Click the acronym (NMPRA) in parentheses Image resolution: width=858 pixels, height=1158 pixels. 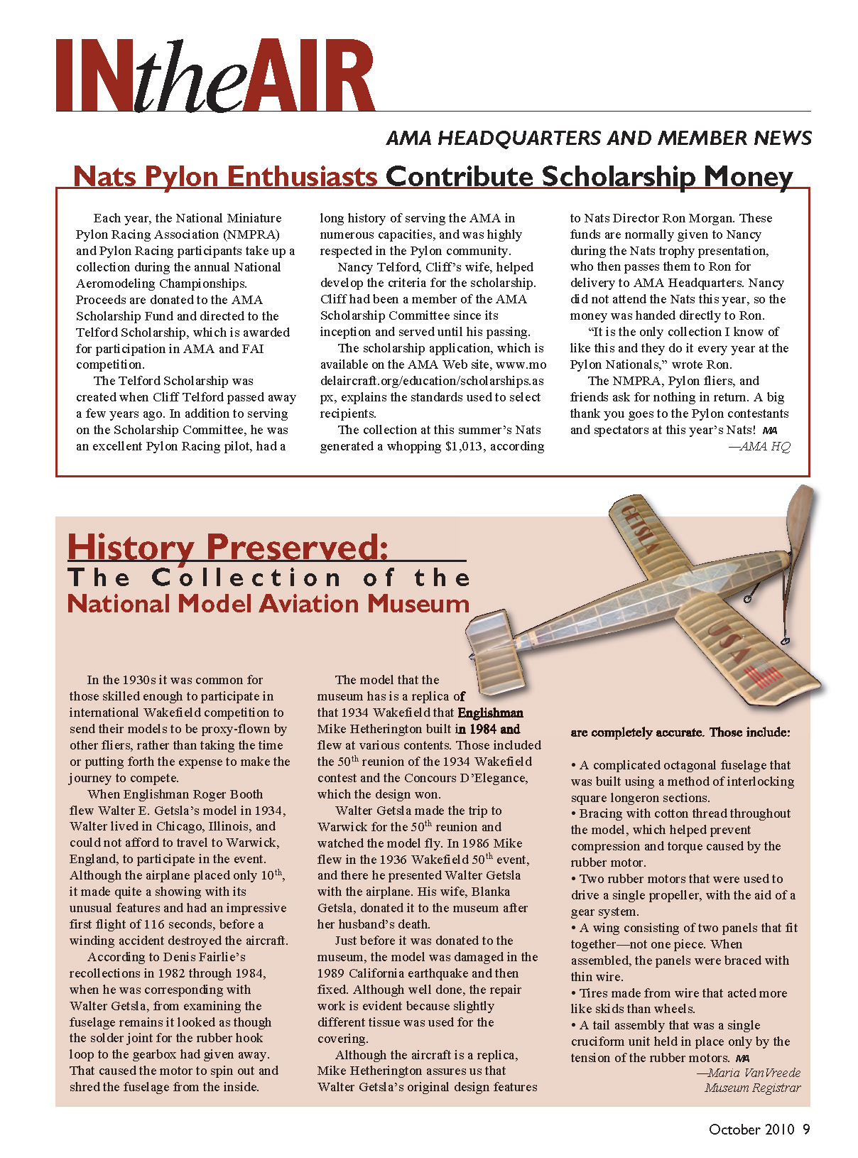(x=251, y=234)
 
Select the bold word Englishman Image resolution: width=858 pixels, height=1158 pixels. (x=490, y=713)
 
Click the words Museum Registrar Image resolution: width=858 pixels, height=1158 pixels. (x=752, y=1088)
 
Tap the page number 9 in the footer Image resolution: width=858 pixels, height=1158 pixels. (x=806, y=1130)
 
